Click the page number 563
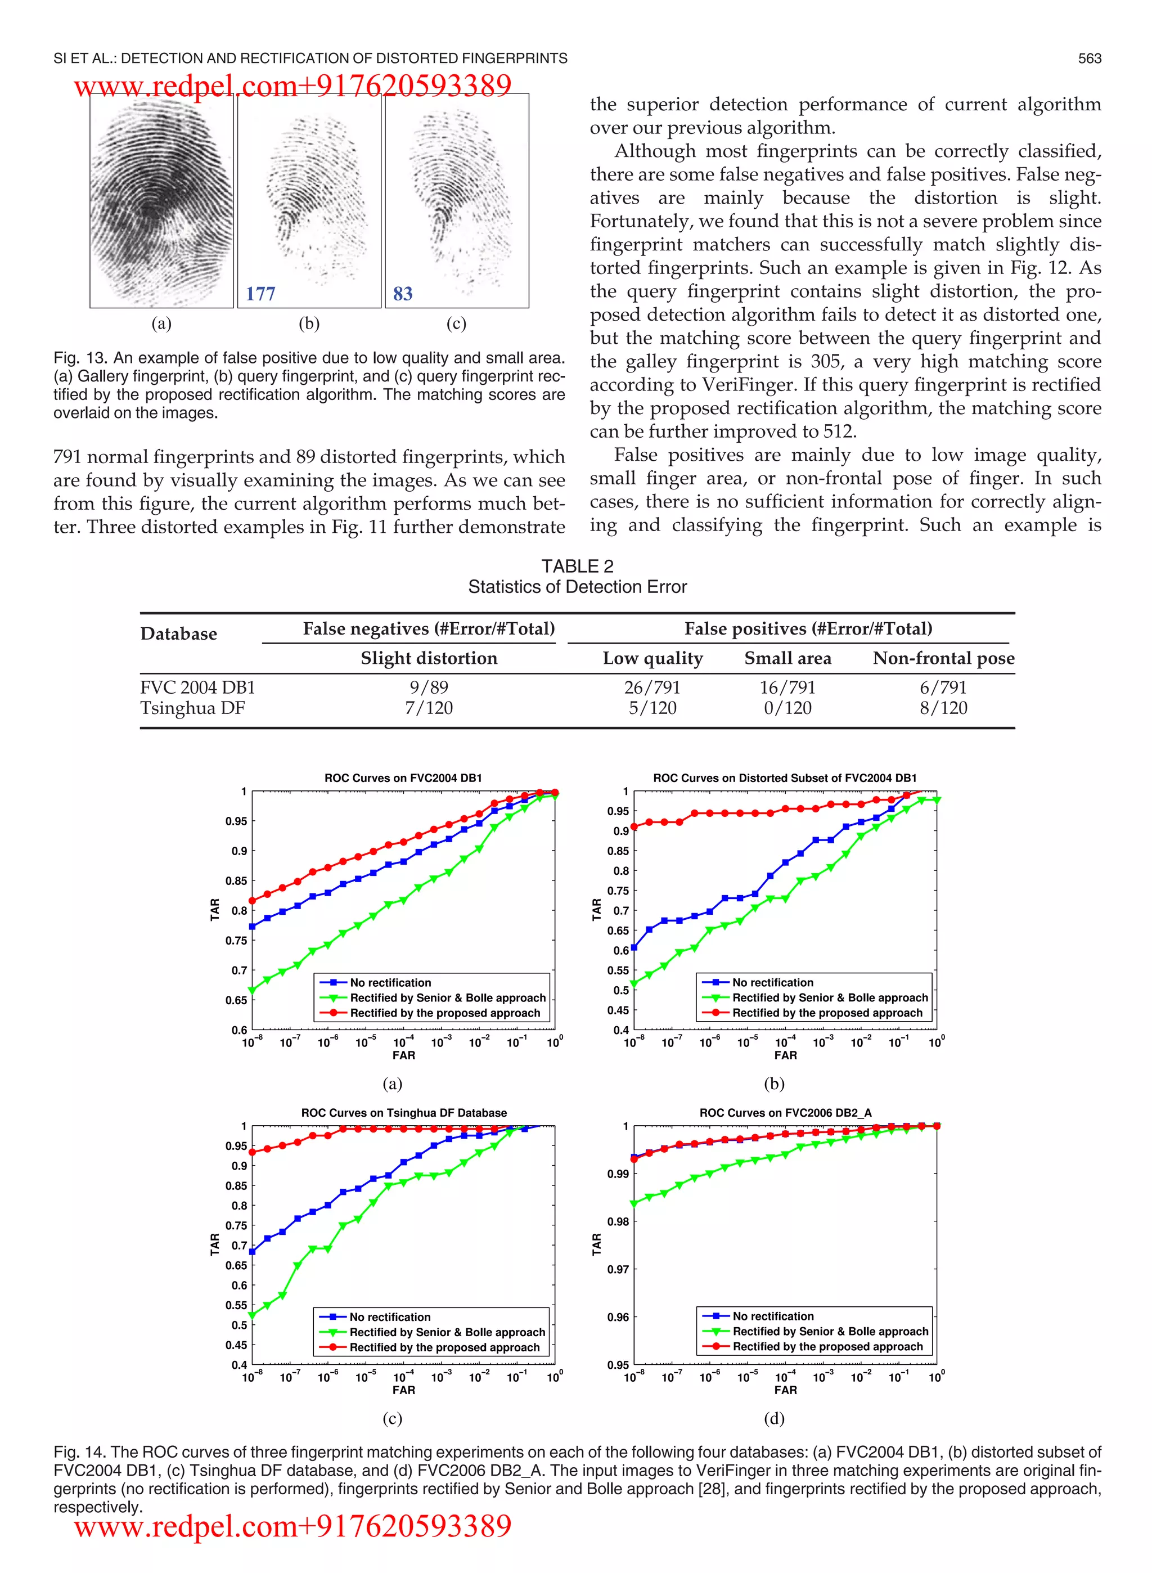point(1089,59)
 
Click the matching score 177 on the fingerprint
point(260,294)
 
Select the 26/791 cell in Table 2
point(652,687)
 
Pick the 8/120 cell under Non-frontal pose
point(943,708)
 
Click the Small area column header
point(787,658)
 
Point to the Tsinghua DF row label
point(192,708)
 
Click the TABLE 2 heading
point(577,566)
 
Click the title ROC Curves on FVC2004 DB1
point(403,778)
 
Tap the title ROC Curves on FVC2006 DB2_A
point(785,1113)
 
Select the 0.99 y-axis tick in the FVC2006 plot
point(618,1174)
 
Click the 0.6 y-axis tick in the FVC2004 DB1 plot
point(239,1030)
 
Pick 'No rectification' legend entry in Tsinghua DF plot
point(390,1317)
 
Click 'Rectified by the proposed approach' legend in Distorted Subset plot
point(827,1013)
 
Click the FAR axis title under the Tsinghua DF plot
point(403,1390)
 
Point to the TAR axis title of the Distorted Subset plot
point(596,909)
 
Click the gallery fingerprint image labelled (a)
point(162,201)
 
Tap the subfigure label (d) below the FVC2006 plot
point(774,1418)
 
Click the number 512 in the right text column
point(838,432)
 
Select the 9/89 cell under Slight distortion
point(429,687)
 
